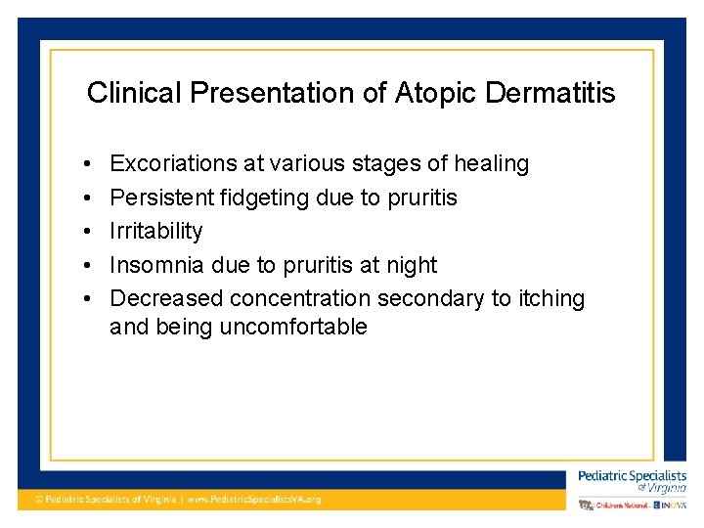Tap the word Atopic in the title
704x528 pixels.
pos(432,93)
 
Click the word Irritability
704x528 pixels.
pos(156,232)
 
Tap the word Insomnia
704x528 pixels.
pos(156,265)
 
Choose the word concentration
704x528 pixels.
pos(303,298)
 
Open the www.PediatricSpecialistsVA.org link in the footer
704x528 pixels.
pos(253,499)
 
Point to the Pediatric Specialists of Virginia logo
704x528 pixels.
pos(632,480)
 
